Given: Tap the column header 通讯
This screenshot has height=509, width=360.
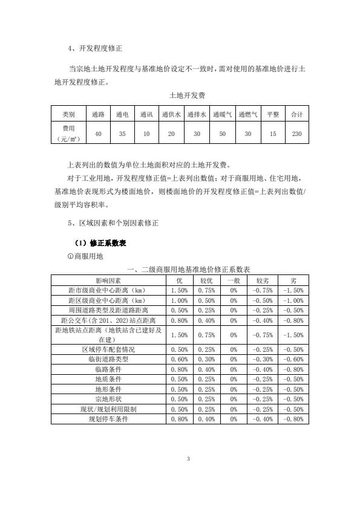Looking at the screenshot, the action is coord(146,114).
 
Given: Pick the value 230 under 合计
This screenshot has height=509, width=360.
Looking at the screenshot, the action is coord(296,134).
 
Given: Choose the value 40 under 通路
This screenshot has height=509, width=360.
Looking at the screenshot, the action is coord(98,134).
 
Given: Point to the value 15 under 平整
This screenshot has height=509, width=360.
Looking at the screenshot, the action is coord(273,134).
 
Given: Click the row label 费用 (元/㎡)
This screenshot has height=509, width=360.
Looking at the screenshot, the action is coord(68,134).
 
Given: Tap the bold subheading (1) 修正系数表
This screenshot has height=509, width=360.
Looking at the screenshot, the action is coord(99,243).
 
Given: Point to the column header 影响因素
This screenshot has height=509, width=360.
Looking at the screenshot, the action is coord(108,281).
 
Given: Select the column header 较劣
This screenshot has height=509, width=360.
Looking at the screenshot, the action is coord(263,281).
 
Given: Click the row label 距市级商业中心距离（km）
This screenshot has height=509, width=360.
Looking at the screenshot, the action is coord(108,290).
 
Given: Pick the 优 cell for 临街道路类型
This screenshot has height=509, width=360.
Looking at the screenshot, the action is coord(179,359).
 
